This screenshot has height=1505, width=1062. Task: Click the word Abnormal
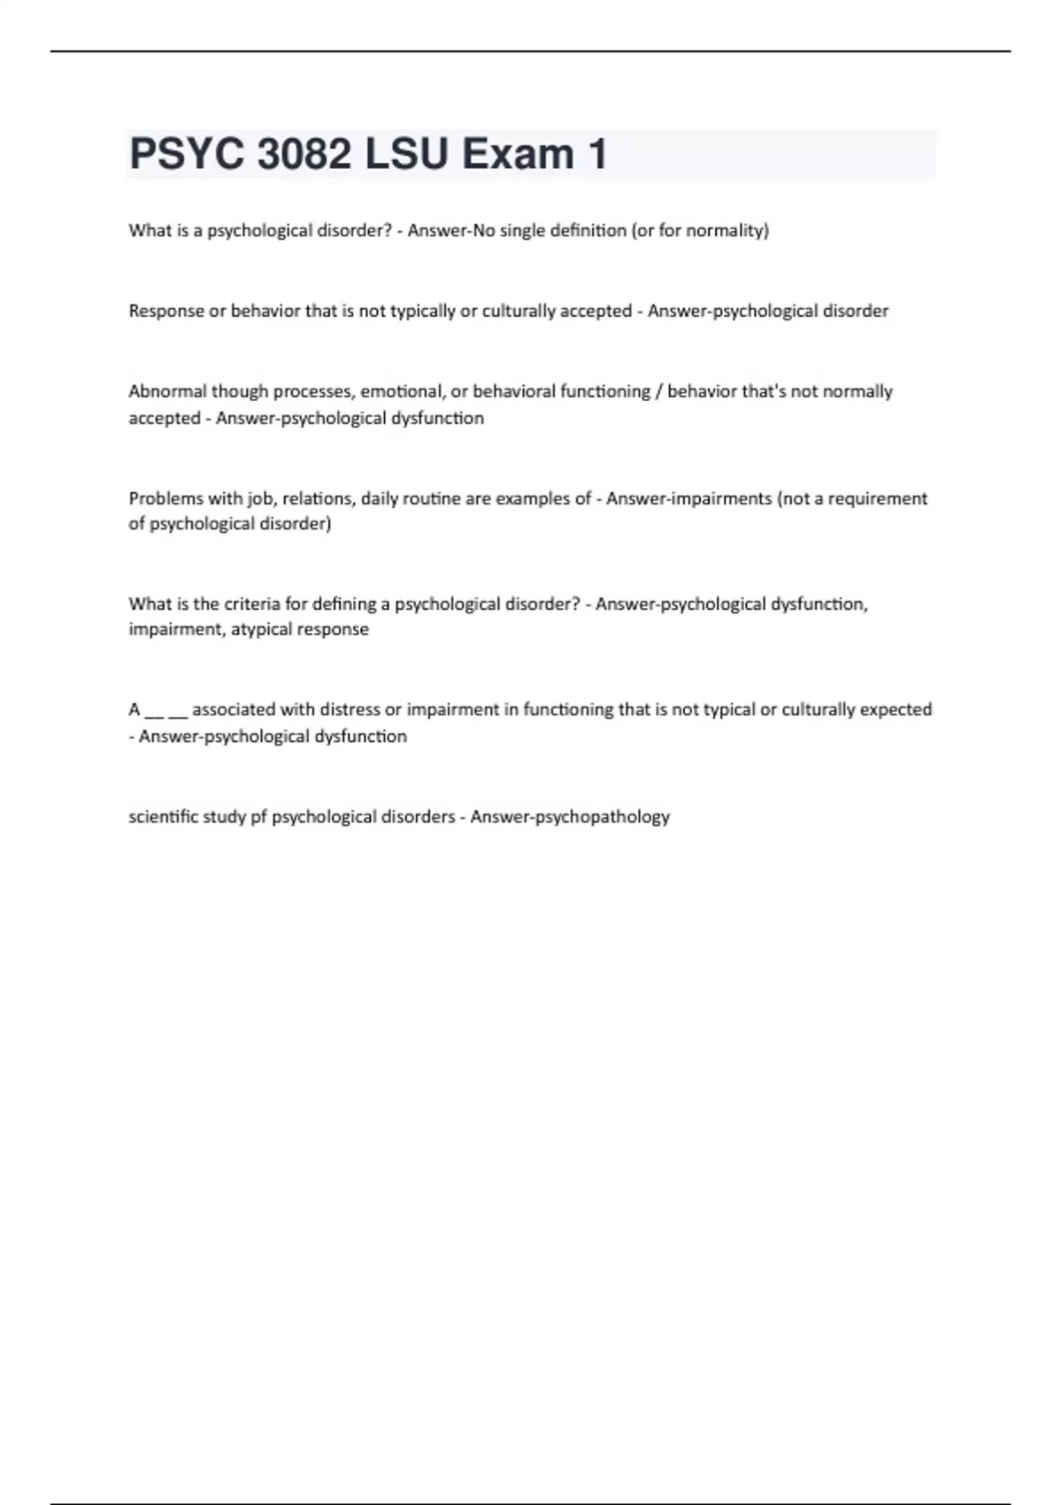166,391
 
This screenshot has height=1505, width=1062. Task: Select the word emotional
401,391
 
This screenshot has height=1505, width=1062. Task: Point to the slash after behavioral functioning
658,391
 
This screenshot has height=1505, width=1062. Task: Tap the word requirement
877,498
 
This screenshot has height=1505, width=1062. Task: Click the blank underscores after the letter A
165,711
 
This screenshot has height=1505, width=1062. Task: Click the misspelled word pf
258,817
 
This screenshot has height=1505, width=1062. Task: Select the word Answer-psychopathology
570,817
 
